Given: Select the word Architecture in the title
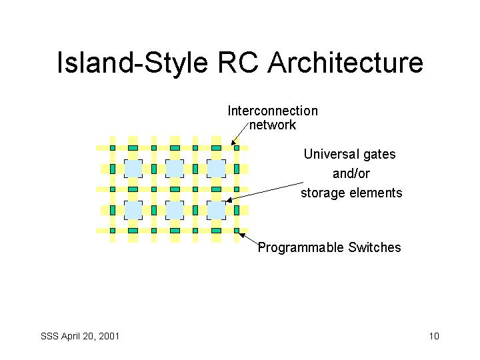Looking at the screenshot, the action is point(345,63).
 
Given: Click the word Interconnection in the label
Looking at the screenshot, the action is point(273,111).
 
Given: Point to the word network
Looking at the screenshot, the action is point(273,125).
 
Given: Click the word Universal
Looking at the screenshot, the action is point(331,154).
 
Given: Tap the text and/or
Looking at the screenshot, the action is point(351,173).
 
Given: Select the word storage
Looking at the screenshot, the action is point(323,193).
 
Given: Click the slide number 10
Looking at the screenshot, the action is point(434,336).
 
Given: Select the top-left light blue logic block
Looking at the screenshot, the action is point(133,169).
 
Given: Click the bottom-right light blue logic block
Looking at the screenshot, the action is point(216,210).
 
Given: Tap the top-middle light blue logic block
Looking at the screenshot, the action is point(175,169).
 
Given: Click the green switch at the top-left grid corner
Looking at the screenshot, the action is point(113,148).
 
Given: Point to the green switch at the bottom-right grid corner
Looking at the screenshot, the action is point(237,231).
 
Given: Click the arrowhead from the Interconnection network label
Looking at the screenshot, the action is point(233,143).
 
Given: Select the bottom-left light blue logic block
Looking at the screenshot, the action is point(133,210).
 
